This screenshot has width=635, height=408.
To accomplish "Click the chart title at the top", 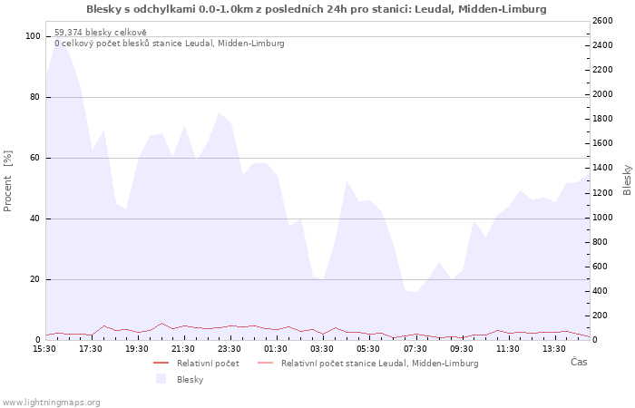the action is [317, 9].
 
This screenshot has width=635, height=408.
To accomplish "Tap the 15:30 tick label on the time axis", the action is [44, 349].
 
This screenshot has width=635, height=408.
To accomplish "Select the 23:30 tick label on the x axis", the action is [230, 349].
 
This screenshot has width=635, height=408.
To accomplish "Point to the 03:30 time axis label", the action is [322, 349].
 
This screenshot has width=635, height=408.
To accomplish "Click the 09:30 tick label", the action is [461, 349].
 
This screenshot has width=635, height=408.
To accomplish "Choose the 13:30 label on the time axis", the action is [554, 349].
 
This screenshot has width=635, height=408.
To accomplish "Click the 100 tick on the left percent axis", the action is [33, 36].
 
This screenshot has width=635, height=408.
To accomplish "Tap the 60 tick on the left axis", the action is [34, 158].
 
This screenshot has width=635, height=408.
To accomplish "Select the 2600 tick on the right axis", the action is [602, 21].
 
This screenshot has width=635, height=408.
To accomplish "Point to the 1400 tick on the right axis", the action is [602, 168].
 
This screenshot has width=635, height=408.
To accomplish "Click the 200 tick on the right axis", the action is [601, 316].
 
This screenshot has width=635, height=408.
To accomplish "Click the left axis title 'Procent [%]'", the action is [7, 181].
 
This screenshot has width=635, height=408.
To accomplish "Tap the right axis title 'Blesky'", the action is [627, 180].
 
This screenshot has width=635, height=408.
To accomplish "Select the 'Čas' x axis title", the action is [579, 362].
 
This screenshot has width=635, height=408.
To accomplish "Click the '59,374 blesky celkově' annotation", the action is [101, 33].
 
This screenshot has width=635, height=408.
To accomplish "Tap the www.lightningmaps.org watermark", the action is [51, 403].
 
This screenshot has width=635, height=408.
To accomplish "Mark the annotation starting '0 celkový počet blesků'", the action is [170, 44].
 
